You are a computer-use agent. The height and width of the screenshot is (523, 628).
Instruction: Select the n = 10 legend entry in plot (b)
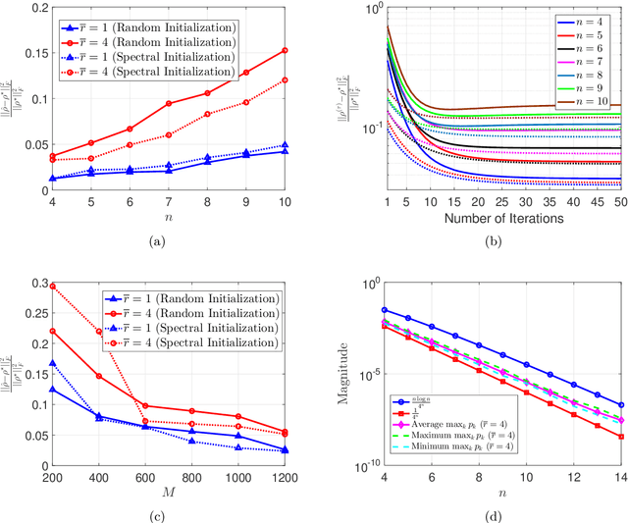coord(582,102)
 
